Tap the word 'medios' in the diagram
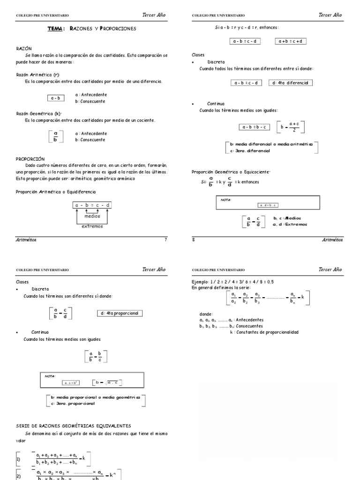tap(92, 216)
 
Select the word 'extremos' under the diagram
tap(92, 226)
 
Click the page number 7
tap(165, 240)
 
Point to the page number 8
tap(194, 240)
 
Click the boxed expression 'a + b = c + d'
tap(291, 41)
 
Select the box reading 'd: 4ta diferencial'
tap(291, 83)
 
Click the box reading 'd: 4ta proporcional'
tap(120, 313)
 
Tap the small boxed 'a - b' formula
tap(56, 98)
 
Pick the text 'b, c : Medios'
tap(287, 218)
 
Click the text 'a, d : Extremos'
tap(290, 224)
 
